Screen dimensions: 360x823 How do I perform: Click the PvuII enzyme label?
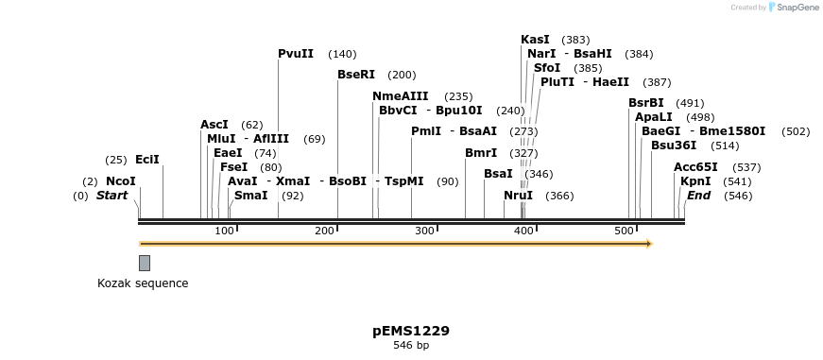pos(296,54)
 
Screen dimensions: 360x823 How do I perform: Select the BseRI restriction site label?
pos(356,75)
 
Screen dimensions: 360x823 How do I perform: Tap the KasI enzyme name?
pos(535,40)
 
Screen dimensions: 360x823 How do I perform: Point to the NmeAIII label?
pos(401,96)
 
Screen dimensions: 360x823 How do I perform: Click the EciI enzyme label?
pos(147,160)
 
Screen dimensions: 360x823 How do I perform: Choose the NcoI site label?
pos(121,181)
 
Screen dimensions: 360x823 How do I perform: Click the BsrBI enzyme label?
pos(646,103)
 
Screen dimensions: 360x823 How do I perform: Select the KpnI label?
pos(695,181)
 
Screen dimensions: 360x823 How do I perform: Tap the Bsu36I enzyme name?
pos(674,146)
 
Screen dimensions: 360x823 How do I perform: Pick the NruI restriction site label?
pos(518,196)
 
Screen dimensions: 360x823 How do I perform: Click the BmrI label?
pos(481,153)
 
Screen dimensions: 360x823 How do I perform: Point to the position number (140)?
pos(342,55)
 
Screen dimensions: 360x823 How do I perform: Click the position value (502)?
pos(796,131)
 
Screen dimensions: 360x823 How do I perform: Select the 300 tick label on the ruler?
pos(424,231)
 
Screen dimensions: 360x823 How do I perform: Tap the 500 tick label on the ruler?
pos(625,231)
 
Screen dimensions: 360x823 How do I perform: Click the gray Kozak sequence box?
pos(145,263)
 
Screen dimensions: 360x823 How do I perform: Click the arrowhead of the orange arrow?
pos(648,244)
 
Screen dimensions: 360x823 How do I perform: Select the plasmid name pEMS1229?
pos(411,331)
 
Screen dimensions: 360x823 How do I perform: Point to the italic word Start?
pos(112,196)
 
